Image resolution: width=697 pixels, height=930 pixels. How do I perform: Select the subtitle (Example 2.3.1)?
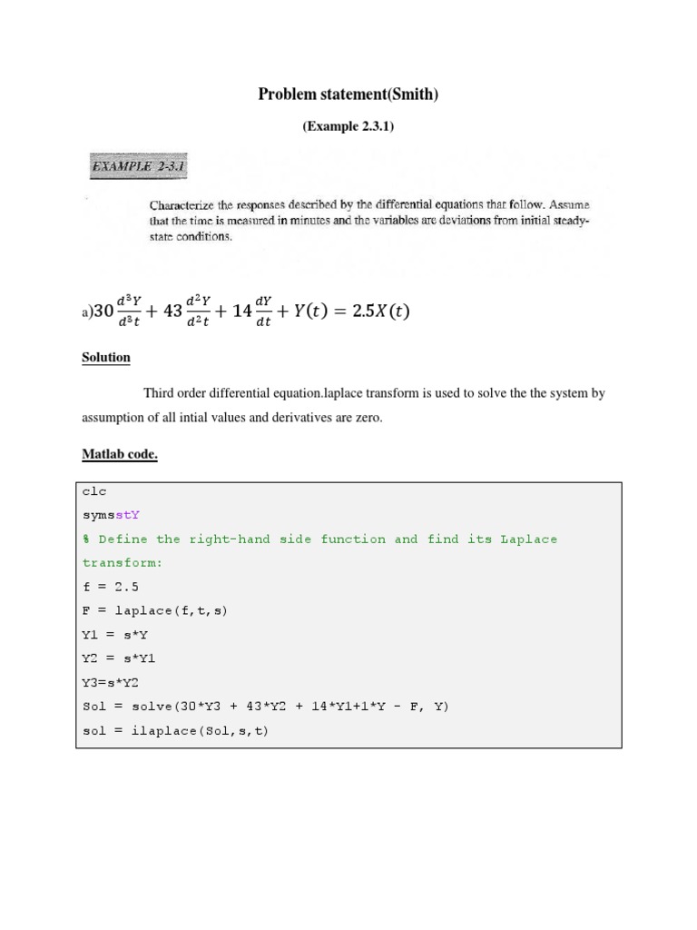348,127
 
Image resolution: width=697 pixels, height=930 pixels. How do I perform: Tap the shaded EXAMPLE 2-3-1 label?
139,167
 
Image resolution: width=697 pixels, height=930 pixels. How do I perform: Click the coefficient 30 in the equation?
102,312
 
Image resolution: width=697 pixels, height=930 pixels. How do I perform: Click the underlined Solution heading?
106,358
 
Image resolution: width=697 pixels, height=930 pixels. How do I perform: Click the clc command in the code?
94,491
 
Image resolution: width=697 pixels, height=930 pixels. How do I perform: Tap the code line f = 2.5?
111,587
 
